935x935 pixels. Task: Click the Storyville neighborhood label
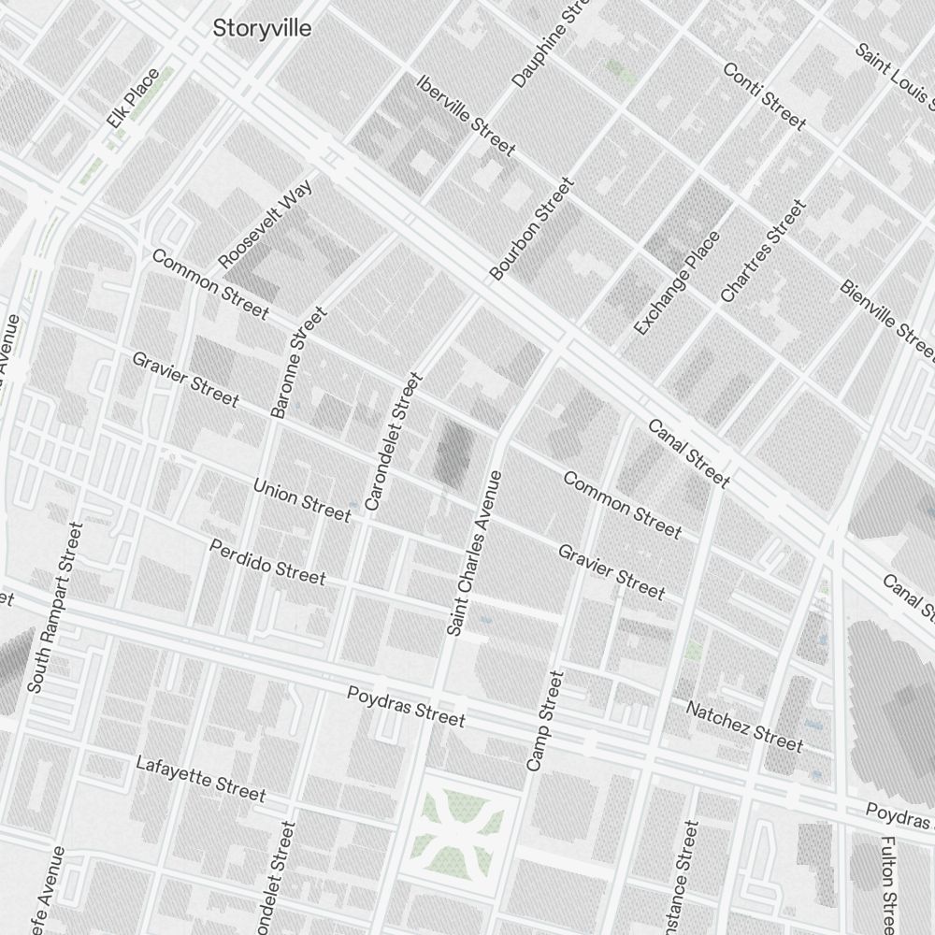coord(262,28)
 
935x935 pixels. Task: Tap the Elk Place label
coord(134,97)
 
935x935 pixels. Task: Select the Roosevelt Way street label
coord(265,224)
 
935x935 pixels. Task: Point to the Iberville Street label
coord(467,115)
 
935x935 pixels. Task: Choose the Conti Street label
coord(764,96)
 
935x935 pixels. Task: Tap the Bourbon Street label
coord(530,229)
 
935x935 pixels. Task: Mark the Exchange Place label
coord(677,282)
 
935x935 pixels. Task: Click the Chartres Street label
coord(762,251)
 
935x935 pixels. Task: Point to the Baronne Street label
coord(298,362)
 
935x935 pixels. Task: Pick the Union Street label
coord(302,500)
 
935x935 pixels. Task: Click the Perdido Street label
coord(267,561)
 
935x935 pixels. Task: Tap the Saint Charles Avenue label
coord(474,554)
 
